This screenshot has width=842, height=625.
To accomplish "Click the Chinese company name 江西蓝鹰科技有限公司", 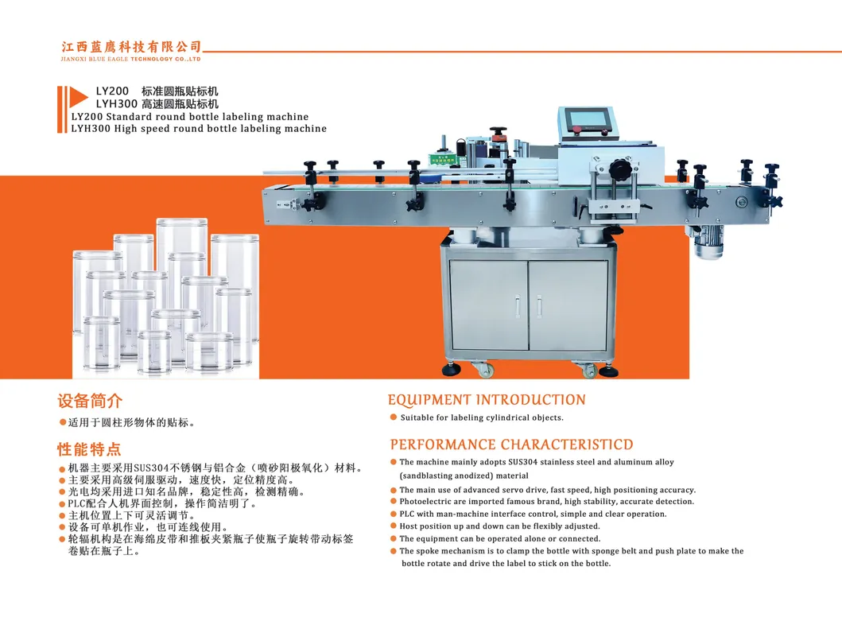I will point(131,47).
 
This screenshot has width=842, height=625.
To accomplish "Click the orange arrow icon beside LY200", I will point(75,98).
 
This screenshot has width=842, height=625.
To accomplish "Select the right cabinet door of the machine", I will point(568,305).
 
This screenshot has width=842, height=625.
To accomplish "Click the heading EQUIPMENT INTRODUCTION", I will point(487,400).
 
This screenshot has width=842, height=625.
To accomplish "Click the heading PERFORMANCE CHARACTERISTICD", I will point(511,444).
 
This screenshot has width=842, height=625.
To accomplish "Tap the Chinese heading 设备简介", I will point(90,401).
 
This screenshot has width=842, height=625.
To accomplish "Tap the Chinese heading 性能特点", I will point(90,448).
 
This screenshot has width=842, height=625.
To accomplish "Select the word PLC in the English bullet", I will point(406,514).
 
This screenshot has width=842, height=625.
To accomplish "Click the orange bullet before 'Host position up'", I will point(393,526).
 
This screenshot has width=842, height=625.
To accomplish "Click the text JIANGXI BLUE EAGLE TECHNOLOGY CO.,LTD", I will point(131,59).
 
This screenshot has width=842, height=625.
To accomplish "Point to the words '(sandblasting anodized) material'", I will point(452,476).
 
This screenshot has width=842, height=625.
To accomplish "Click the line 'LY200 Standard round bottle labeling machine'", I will point(190,117).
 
